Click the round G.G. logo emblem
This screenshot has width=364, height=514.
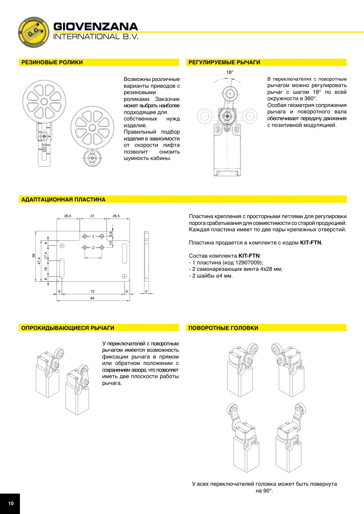click(33, 32)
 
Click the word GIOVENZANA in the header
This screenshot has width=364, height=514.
click(96, 27)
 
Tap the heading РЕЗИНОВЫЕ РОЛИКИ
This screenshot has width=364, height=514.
click(52, 62)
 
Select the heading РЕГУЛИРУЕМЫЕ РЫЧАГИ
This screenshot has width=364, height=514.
click(224, 62)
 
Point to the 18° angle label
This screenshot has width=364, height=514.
click(230, 72)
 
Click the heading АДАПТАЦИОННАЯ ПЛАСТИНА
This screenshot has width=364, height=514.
click(63, 199)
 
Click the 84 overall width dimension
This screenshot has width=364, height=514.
click(92, 298)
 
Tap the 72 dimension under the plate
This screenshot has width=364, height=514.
click(92, 291)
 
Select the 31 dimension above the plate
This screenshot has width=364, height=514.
click(92, 216)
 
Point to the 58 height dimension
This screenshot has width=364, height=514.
click(33, 255)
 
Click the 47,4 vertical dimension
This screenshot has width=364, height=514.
click(39, 261)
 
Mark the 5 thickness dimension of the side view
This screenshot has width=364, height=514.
click(146, 291)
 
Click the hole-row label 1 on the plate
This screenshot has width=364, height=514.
click(93, 236)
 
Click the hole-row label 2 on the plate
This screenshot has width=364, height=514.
click(93, 248)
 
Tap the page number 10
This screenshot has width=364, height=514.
click(11, 503)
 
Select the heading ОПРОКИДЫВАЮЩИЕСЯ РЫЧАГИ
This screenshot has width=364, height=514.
click(68, 328)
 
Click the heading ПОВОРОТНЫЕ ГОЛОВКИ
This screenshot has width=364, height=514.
click(223, 328)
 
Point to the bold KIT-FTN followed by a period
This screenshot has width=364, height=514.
click(311, 243)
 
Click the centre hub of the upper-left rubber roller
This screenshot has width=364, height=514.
click(44, 102)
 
